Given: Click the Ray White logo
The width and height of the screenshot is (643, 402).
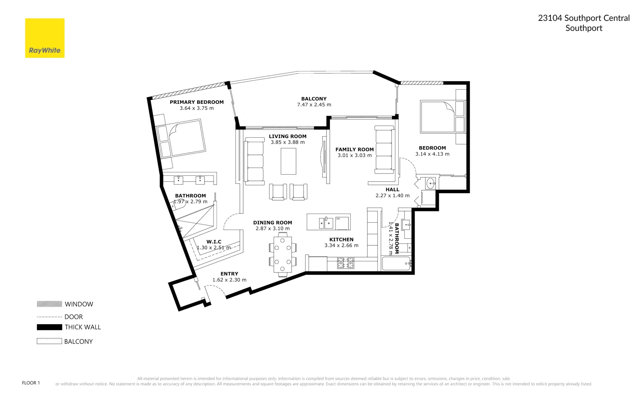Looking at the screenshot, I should coord(45,38).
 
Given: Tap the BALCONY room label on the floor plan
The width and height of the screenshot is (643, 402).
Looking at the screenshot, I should coord(314,99).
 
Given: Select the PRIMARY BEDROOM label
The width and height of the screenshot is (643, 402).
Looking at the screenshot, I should coord(197,102).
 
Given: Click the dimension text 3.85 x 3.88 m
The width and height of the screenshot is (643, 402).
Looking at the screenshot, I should coord(287,142).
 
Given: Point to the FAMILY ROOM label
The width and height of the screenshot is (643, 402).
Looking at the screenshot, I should coord(354,149).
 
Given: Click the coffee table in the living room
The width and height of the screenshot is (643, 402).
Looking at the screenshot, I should coord(288,161).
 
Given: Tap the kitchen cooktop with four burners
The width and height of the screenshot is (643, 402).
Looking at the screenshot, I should coord(345,263).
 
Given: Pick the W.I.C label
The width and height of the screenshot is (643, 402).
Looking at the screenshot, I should coord(214,242).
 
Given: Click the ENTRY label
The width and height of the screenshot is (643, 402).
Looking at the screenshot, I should coord(229,274).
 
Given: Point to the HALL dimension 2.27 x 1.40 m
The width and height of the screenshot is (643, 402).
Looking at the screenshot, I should coord(392,195).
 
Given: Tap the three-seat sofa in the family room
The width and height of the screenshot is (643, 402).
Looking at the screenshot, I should coord(384,150).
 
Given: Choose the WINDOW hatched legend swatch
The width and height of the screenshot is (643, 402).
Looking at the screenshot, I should coord(49,304).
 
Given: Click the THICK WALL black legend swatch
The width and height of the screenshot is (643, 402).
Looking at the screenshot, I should coord(49,327).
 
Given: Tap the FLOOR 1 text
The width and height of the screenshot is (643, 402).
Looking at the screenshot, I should coord(31,383).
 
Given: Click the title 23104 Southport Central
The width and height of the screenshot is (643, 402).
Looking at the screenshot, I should coord(583,18).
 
